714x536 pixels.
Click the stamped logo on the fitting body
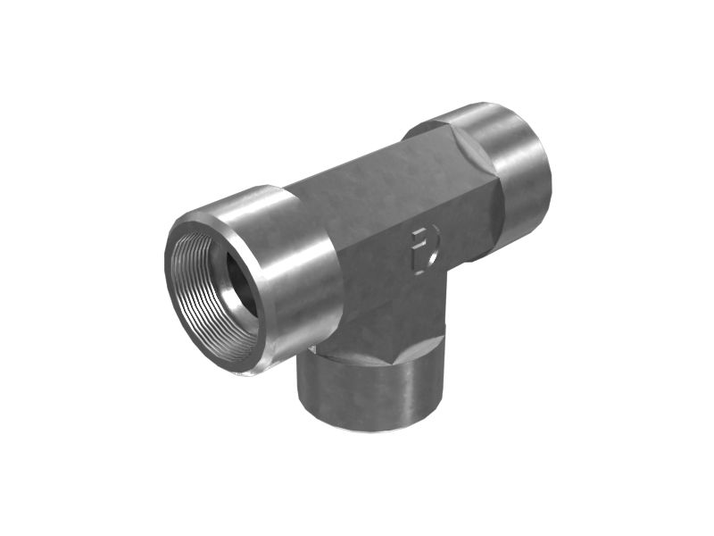425,248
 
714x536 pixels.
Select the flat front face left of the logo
375,259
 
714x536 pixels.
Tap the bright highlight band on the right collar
500,134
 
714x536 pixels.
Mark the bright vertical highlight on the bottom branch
411,384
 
